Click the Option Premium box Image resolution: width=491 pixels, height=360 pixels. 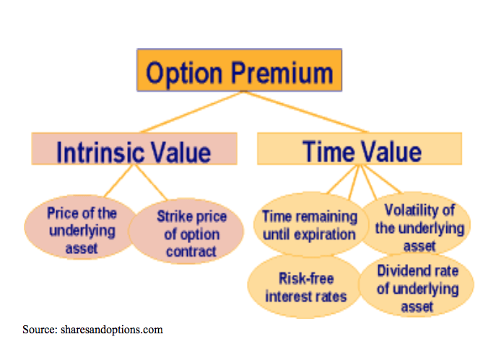click(x=239, y=70)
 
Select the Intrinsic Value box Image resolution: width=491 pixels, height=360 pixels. click(x=134, y=149)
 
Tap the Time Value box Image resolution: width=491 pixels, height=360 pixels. click(x=360, y=149)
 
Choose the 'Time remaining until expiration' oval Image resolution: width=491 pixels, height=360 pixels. click(x=308, y=224)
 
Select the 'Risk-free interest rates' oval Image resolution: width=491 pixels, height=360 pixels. click(x=305, y=286)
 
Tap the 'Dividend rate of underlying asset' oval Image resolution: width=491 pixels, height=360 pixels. click(x=417, y=285)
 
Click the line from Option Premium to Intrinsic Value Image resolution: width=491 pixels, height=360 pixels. click(x=191, y=112)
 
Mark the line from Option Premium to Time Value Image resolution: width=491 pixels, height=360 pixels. click(x=305, y=112)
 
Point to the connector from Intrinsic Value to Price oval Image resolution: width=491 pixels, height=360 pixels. click(x=118, y=181)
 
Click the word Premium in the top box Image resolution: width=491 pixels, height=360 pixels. click(x=282, y=73)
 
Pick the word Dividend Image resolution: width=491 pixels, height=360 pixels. click(x=398, y=271)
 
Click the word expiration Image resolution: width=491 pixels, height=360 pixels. click(x=325, y=234)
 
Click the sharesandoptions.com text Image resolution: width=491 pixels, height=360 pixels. click(x=112, y=330)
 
